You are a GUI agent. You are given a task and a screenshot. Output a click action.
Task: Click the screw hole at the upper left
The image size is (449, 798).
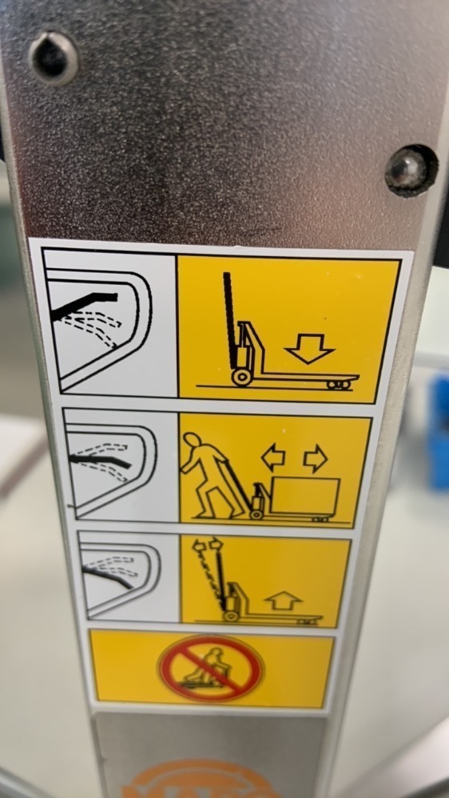pos(54,57)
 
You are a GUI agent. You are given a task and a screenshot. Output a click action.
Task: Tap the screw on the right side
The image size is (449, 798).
pos(411,171)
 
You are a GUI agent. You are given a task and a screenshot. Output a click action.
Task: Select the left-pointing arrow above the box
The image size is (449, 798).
pos(274,458)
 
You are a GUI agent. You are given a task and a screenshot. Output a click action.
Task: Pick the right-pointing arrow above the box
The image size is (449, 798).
pos(316,458)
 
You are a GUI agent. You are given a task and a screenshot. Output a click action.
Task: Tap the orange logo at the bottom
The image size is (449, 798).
pos(192,782)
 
